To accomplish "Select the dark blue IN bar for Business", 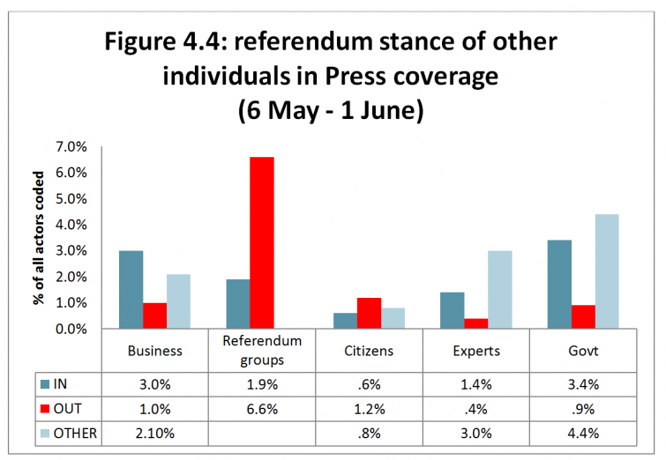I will [131, 289].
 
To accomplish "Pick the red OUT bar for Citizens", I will [369, 313].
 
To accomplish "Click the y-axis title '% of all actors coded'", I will [40, 238].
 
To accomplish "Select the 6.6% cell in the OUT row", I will [262, 410].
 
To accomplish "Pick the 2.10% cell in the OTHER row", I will [154, 434].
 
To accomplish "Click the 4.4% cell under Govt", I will [582, 434].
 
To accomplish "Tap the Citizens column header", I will [369, 350].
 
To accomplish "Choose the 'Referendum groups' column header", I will [262, 350].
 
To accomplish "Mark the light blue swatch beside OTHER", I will [45, 434].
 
